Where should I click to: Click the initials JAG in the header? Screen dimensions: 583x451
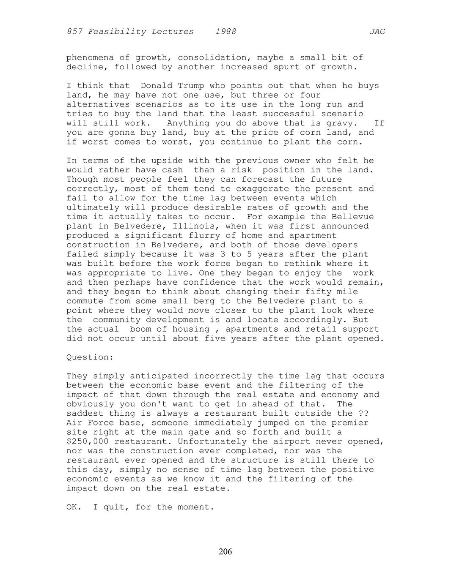[x=377, y=32]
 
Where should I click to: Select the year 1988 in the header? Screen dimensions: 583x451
[x=225, y=32]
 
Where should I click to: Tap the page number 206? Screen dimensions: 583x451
[x=225, y=551]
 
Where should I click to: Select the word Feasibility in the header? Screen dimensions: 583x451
[x=114, y=32]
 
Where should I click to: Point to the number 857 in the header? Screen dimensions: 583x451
[x=74, y=32]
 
